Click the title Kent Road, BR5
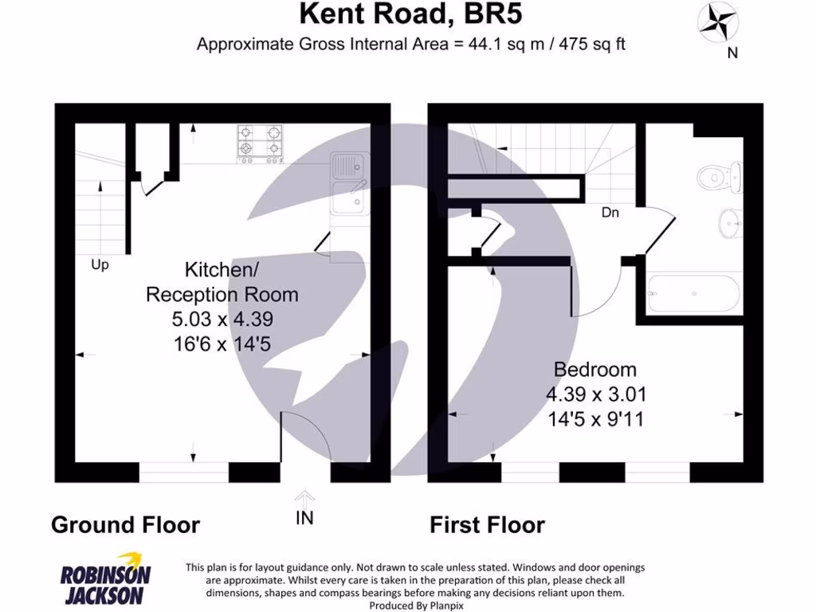point(411,14)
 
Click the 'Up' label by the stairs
point(100,265)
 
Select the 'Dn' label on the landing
point(610,213)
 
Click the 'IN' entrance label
point(304,518)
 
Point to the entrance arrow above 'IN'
point(304,498)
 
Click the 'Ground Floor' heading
point(125,525)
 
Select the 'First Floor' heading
point(487,525)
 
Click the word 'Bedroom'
point(595,370)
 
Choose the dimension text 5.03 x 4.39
point(222,320)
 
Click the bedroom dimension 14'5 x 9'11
point(595,418)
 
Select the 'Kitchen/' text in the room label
point(218,269)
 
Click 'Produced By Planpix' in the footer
point(415,606)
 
